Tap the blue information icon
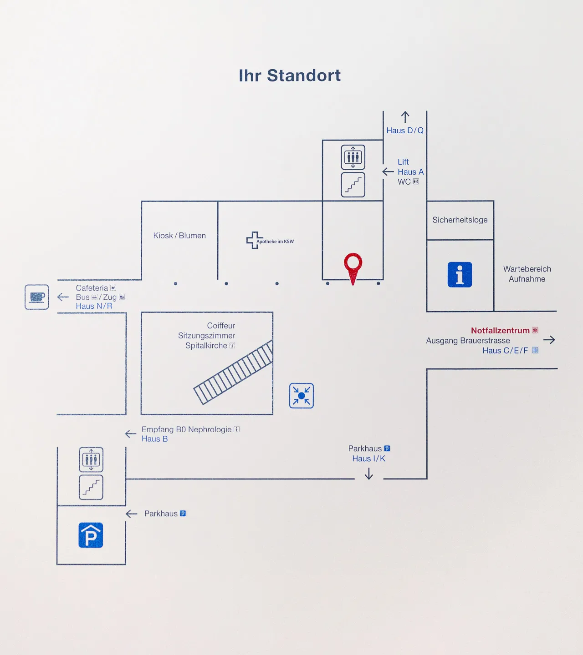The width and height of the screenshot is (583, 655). pos(460,275)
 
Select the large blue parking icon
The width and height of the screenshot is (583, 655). pos(91,535)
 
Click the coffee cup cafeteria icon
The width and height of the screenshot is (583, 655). pos(37,297)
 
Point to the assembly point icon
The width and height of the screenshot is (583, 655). pos(302,396)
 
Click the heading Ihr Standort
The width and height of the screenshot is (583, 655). pos(290,76)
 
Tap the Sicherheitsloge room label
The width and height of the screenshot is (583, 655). pos(460,220)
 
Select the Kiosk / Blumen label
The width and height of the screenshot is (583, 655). pos(179,236)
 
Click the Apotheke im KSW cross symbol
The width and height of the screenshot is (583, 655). pos(254,240)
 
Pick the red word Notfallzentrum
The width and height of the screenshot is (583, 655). pos(500,331)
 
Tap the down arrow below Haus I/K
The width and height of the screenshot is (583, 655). pos(369,474)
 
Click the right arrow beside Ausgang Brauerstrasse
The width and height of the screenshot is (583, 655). pos(549,340)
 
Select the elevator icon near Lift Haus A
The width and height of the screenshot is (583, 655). pos(353,157)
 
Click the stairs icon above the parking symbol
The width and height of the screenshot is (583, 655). pos(91,487)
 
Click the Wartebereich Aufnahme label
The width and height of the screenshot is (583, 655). pos(527,274)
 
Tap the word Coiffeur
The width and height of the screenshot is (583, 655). pos(221,326)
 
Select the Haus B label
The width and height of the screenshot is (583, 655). pos(154,439)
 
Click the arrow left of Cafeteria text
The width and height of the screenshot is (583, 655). pos(63,297)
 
